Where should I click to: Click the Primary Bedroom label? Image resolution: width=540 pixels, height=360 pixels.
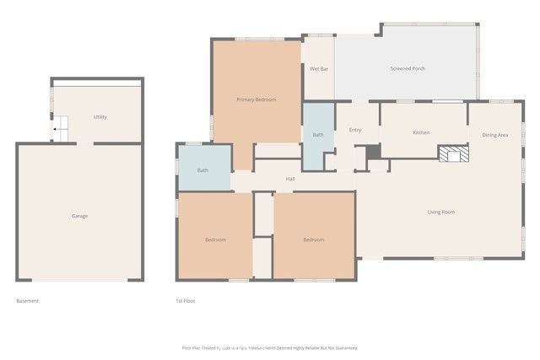[x=256, y=100]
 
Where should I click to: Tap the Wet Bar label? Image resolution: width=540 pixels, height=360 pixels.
[x=318, y=68]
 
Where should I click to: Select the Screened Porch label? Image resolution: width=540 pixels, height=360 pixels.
[x=407, y=68]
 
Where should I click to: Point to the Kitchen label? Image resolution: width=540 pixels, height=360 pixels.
[x=421, y=133]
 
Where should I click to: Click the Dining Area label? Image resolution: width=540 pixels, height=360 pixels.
[x=494, y=135]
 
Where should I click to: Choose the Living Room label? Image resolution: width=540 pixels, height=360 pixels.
[x=440, y=212]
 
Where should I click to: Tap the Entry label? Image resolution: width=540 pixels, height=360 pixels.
[x=355, y=130]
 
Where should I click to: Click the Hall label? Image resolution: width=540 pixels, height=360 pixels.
[x=290, y=179]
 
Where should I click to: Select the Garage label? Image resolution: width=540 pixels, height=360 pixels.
[x=79, y=216]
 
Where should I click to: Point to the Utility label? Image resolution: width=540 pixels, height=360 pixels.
[x=100, y=117]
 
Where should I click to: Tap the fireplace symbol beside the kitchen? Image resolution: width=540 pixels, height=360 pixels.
[x=451, y=153]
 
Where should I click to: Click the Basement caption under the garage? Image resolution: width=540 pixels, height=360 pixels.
[x=28, y=301]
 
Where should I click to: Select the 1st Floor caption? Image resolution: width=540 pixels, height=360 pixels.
[x=185, y=301]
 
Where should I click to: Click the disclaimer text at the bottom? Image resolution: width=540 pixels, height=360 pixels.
[x=270, y=347]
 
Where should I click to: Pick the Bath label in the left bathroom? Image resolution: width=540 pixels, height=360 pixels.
[x=202, y=170]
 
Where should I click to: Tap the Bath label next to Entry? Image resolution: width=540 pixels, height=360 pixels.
[x=318, y=135]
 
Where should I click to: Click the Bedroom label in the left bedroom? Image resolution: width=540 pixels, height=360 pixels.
[x=215, y=240]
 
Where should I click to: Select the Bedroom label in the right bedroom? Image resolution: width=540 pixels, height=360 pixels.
[x=313, y=240]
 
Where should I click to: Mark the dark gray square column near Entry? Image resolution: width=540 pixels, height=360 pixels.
[x=373, y=150]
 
